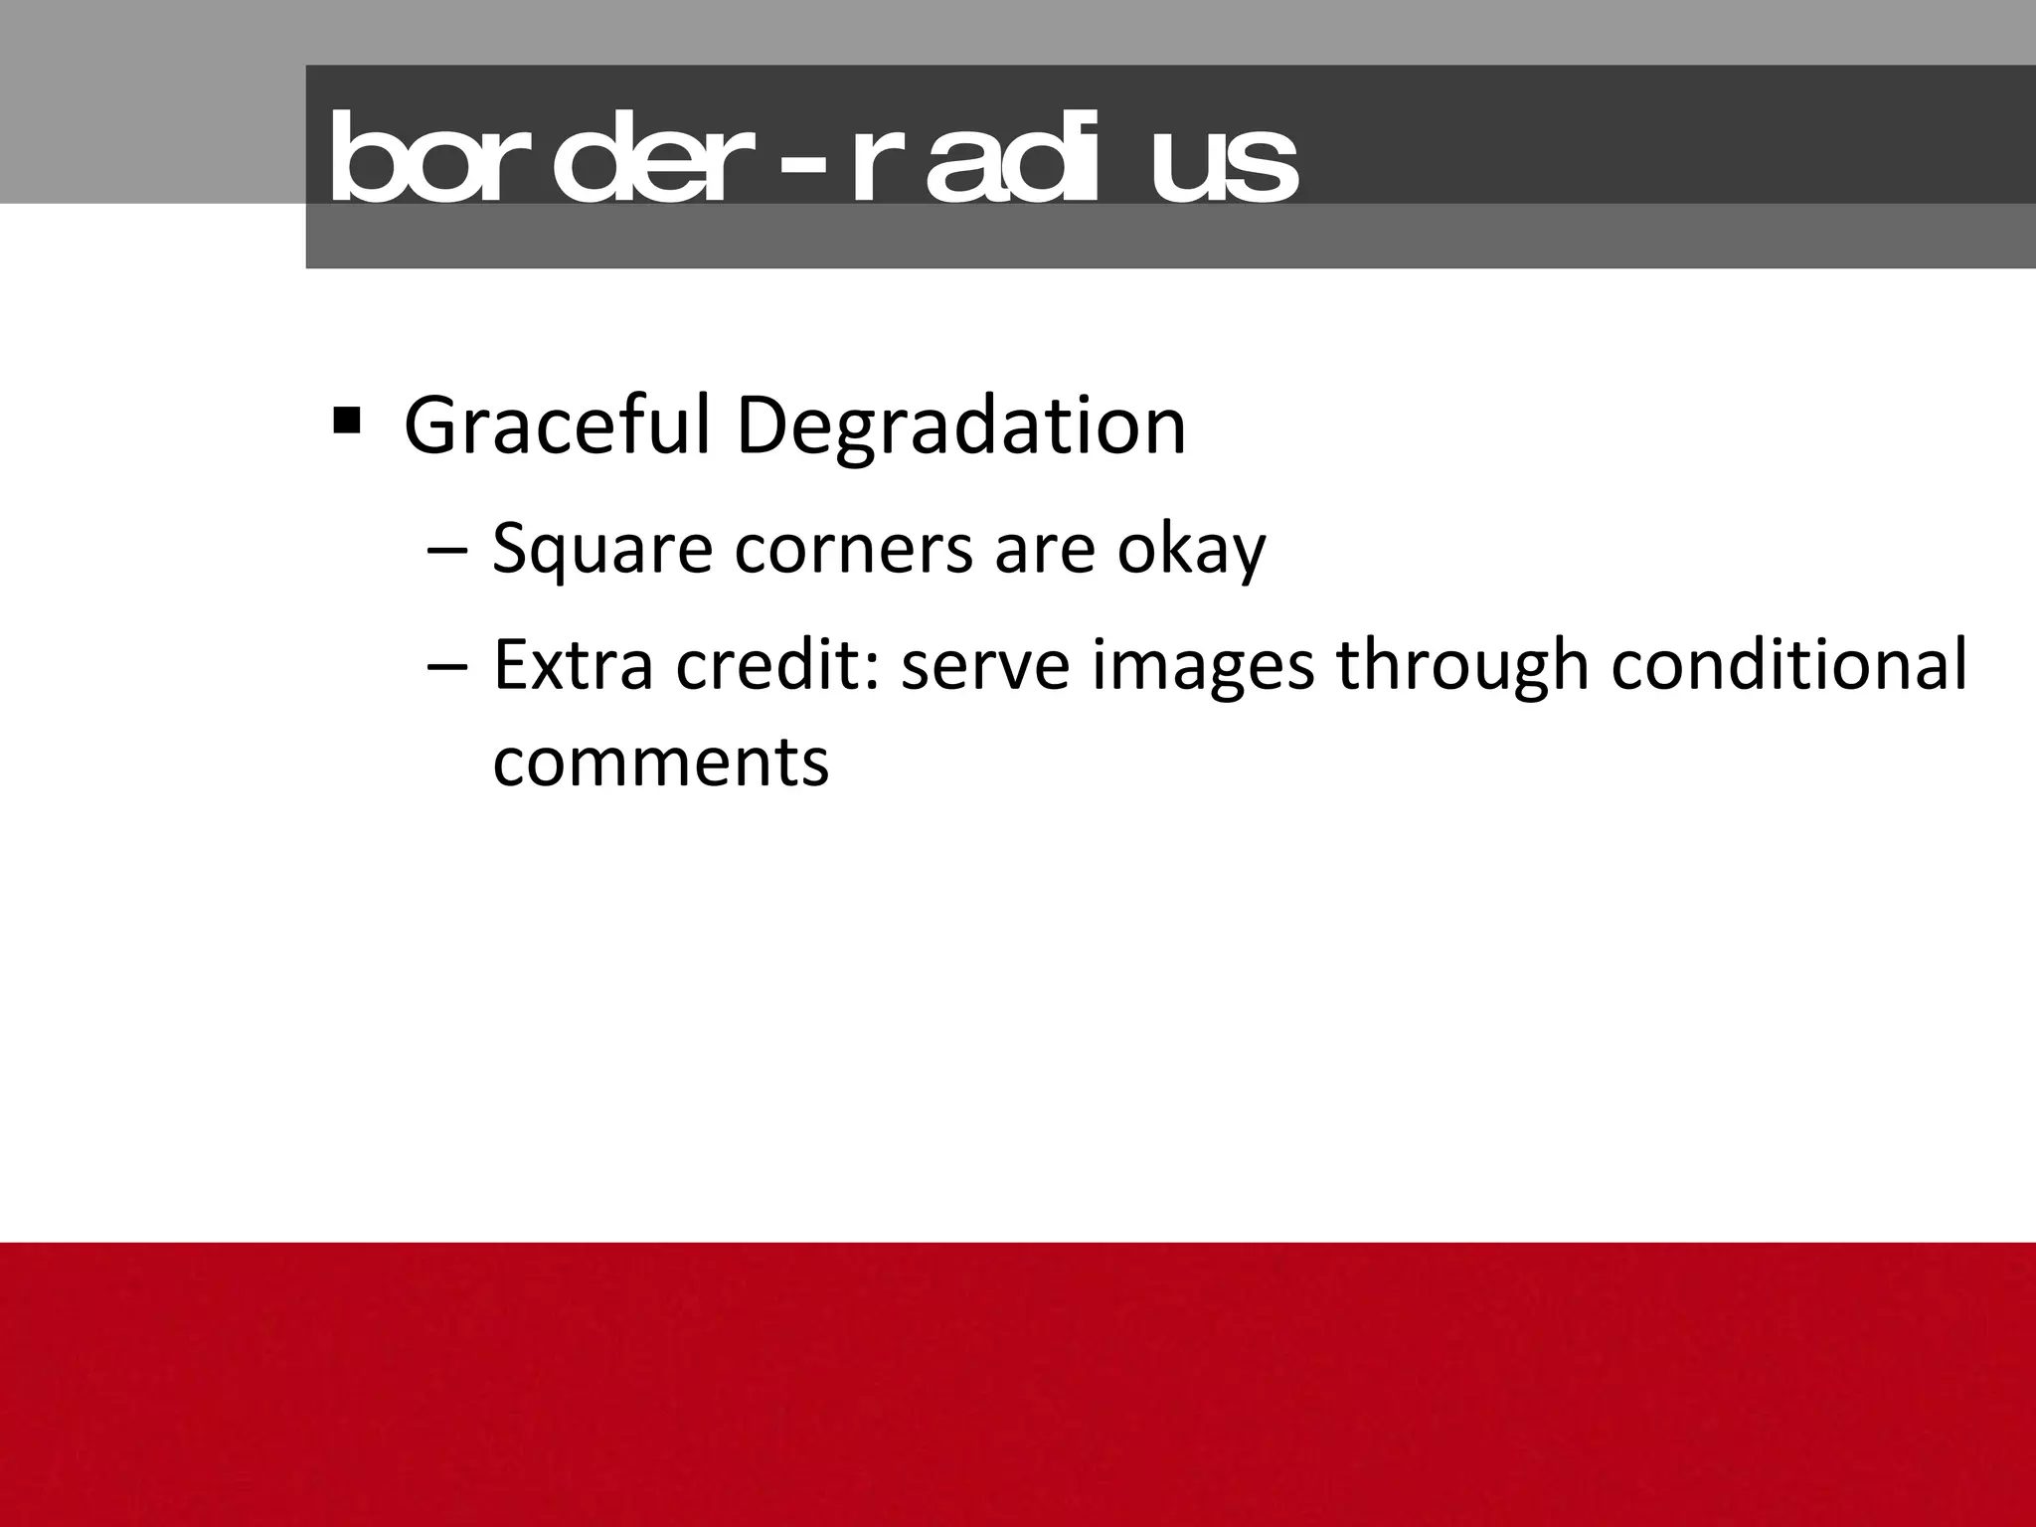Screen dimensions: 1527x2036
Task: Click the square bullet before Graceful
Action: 347,422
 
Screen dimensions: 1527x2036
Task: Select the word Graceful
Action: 557,426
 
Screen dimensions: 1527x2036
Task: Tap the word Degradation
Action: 960,426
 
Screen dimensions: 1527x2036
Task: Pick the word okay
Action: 1191,550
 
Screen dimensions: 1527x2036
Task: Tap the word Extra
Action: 573,665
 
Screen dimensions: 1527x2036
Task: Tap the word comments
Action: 660,763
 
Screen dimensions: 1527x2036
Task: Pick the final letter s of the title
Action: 1270,170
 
